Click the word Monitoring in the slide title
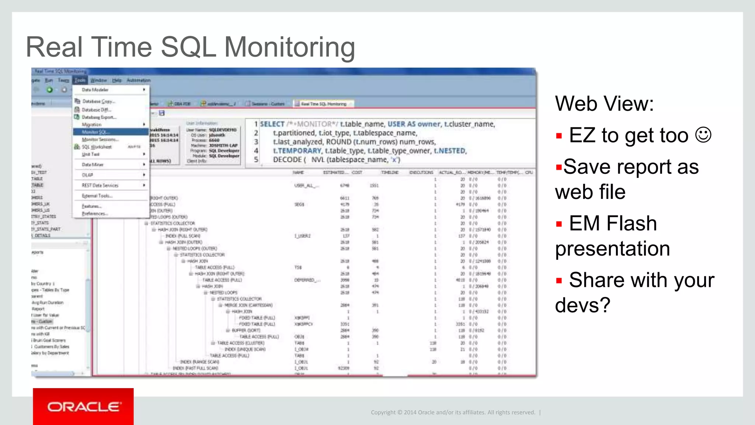pos(289,47)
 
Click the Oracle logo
pos(84,407)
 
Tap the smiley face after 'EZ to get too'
pos(703,135)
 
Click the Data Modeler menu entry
pos(95,90)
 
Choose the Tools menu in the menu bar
pos(80,80)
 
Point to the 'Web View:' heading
pos(604,103)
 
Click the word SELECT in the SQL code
pos(272,124)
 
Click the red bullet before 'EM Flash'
pos(559,224)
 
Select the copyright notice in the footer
pos(453,412)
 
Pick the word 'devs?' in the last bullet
pos(582,305)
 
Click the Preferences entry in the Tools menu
pos(95,214)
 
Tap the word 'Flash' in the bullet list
pos(632,224)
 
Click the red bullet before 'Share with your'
pos(559,281)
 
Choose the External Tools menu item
pos(97,196)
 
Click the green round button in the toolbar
pos(49,90)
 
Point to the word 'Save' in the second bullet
pos(586,167)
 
